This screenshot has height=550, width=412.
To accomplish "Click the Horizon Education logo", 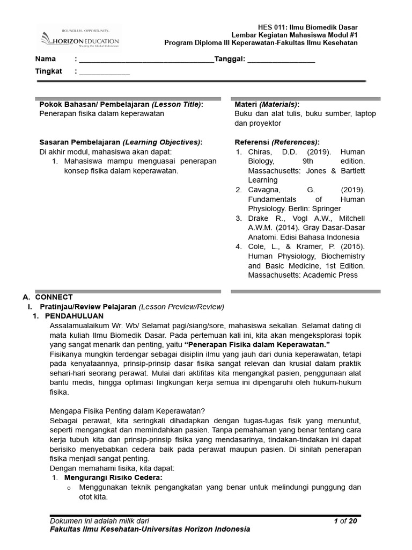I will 80,39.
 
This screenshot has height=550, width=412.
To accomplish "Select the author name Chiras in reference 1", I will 261,152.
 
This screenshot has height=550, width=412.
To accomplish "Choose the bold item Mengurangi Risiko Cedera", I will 113,477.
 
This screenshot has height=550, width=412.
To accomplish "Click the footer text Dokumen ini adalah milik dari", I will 99,521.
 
